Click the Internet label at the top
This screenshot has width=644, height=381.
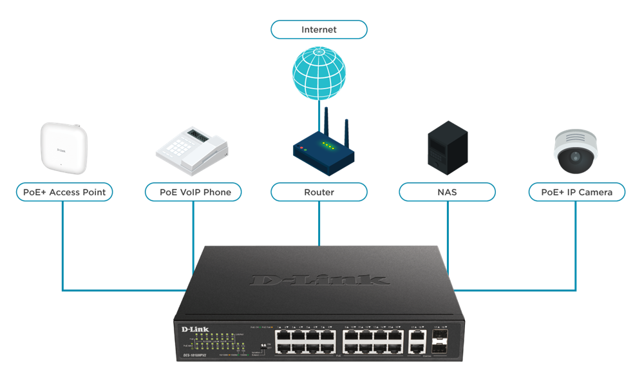319,30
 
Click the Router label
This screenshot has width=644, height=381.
319,192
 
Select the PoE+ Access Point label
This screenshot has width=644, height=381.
64,192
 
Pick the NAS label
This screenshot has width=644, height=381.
447,192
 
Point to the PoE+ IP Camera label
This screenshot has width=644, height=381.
576,192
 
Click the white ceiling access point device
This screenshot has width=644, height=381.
62,148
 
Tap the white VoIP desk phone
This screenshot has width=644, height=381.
192,150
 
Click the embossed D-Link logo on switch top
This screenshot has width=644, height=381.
320,279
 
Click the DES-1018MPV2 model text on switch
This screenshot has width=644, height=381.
194,355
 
